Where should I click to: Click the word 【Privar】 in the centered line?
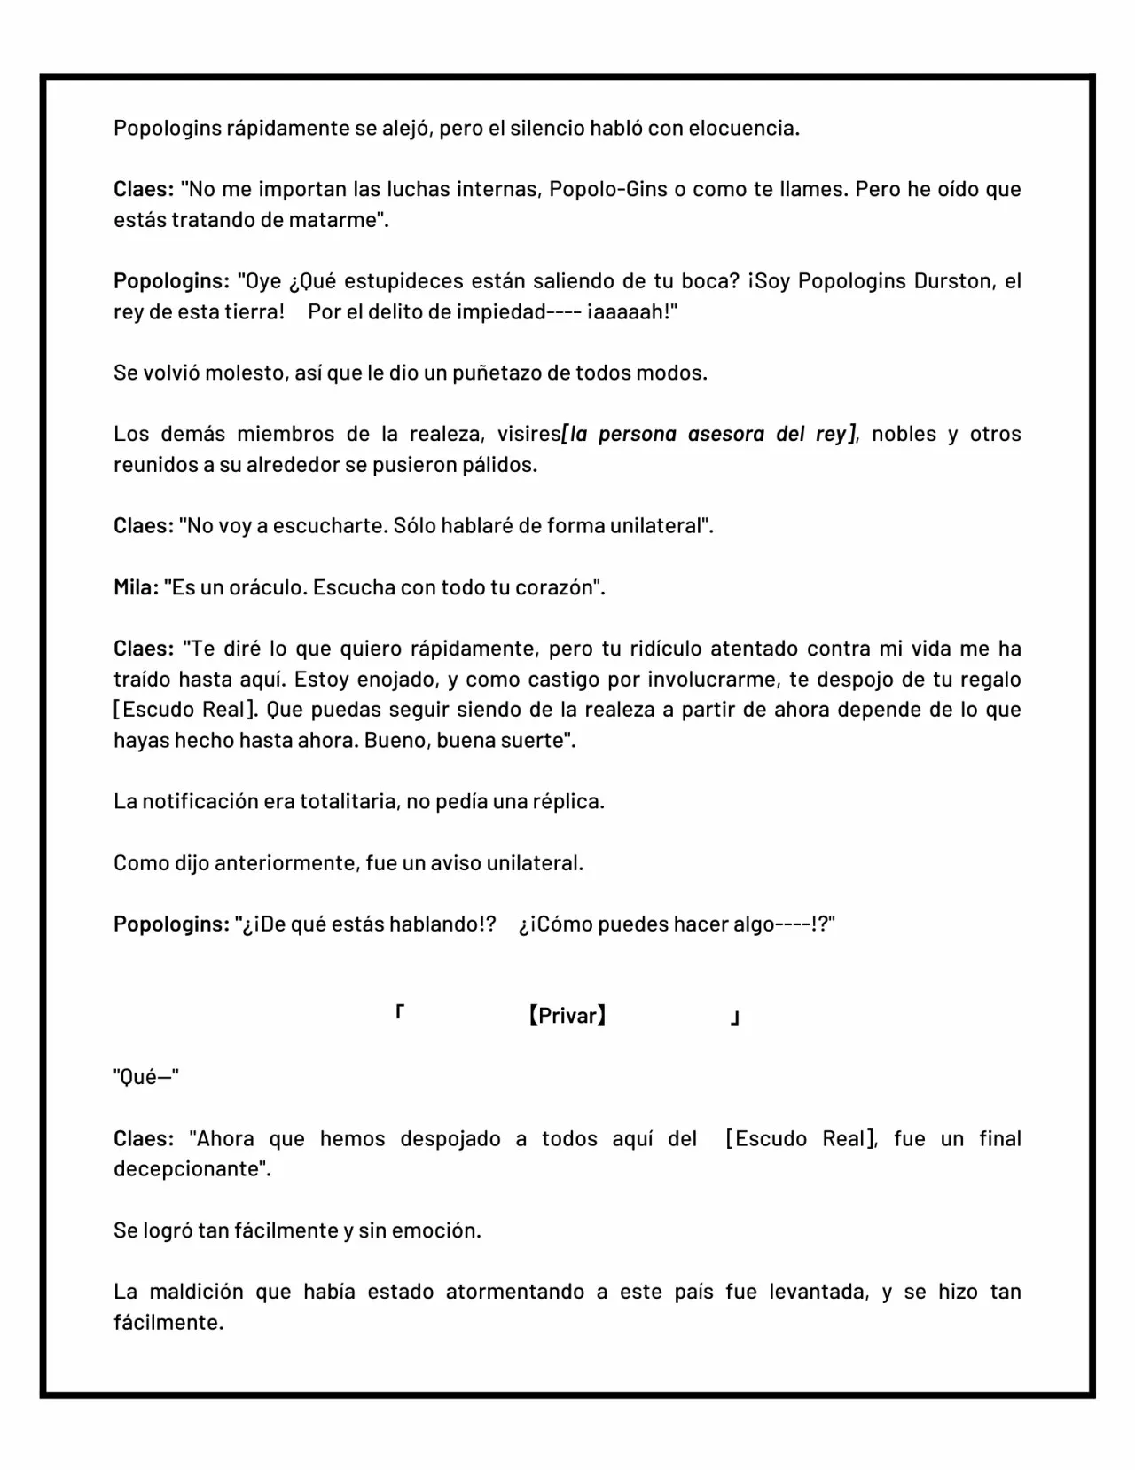(567, 1016)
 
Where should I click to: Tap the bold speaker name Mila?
(136, 587)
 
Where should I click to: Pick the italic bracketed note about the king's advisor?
(709, 434)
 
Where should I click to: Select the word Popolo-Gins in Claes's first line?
(608, 189)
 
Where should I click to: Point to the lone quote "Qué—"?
(145, 1077)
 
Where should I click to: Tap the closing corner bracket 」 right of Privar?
(734, 1019)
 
